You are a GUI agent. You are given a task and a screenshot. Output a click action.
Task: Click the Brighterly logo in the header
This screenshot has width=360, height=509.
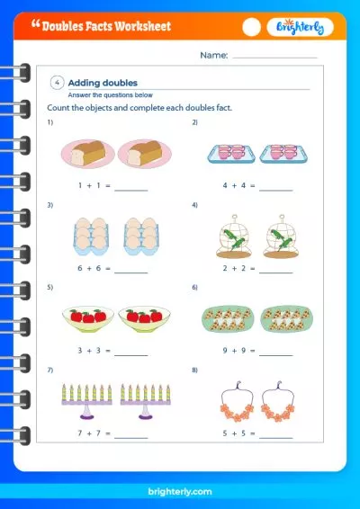pyautogui.click(x=300, y=27)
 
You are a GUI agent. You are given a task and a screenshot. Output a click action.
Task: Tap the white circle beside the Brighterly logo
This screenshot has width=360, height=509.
pyautogui.click(x=251, y=27)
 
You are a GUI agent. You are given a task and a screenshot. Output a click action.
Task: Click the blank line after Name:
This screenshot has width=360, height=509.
pyautogui.click(x=274, y=58)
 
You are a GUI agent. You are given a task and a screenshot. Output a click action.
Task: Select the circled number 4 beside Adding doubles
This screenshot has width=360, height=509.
pyautogui.click(x=58, y=83)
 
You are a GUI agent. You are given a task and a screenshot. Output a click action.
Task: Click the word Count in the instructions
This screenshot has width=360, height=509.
pyautogui.click(x=58, y=107)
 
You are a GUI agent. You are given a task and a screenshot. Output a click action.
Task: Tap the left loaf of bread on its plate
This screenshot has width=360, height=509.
pyautogui.click(x=87, y=154)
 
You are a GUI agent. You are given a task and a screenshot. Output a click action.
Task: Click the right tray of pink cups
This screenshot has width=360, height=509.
pyautogui.click(x=283, y=153)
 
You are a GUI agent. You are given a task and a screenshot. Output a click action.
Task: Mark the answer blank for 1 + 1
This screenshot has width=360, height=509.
pyautogui.click(x=130, y=191)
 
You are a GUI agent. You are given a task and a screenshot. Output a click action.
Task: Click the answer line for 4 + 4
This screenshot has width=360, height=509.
pyautogui.click(x=275, y=191)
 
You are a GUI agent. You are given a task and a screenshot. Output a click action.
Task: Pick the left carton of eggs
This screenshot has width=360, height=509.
pyautogui.click(x=91, y=237)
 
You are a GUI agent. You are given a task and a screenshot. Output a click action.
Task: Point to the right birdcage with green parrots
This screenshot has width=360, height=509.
pyautogui.click(x=281, y=237)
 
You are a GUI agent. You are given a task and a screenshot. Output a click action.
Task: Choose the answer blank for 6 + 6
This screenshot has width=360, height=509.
pyautogui.click(x=130, y=272)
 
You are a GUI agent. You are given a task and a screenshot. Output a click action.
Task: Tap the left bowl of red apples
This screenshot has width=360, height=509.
pyautogui.click(x=88, y=319)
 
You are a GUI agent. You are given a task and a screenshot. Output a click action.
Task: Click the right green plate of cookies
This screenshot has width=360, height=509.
pyautogui.click(x=286, y=318)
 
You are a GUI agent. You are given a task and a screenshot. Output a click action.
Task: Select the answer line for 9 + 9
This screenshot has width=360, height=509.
pyautogui.click(x=275, y=355)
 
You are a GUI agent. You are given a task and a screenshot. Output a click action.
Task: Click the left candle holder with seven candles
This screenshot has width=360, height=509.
pyautogui.click(x=87, y=401)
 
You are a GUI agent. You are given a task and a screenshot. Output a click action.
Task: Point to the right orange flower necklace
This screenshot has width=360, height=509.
pyautogui.click(x=278, y=401)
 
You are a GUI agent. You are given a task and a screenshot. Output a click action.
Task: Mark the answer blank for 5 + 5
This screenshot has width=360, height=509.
pyautogui.click(x=275, y=438)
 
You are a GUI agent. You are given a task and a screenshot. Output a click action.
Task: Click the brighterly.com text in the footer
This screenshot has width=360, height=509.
pyautogui.click(x=180, y=492)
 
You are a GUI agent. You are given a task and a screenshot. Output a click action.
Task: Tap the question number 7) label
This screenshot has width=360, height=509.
pyautogui.click(x=50, y=371)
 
